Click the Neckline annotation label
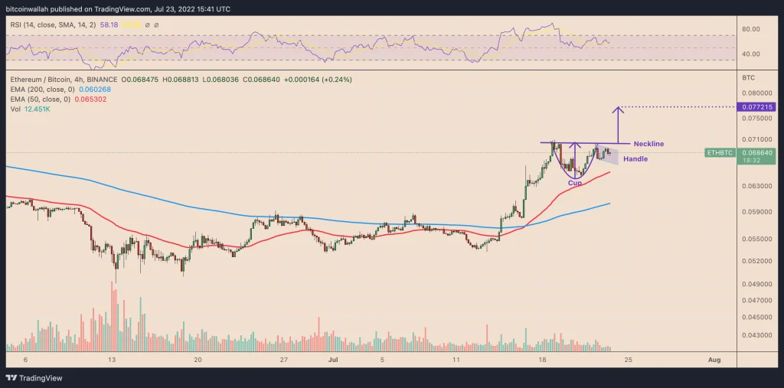[648, 144]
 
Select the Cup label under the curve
[574, 183]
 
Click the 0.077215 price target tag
[755, 106]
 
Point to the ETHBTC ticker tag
[720, 153]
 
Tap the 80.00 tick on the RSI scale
[751, 29]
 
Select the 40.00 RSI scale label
[751, 54]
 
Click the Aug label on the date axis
[714, 358]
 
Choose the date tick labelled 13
[112, 358]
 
